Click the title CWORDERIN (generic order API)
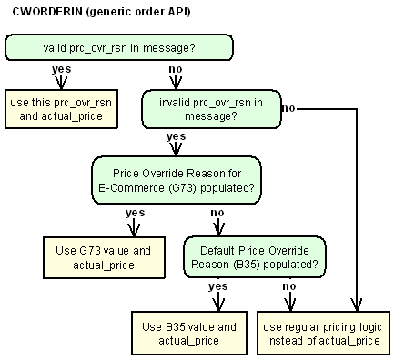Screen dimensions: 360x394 (95, 14)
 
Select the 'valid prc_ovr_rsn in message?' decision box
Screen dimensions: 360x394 (118, 47)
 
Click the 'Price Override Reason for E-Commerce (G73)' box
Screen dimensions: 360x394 (176, 180)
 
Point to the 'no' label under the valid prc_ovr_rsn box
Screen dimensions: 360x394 (176, 69)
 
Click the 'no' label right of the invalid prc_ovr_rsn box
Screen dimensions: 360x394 (289, 108)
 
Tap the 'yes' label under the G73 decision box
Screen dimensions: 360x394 (135, 213)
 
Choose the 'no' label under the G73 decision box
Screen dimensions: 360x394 (217, 213)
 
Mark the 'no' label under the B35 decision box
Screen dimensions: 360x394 (289, 287)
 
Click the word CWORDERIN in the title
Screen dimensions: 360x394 (39, 14)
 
